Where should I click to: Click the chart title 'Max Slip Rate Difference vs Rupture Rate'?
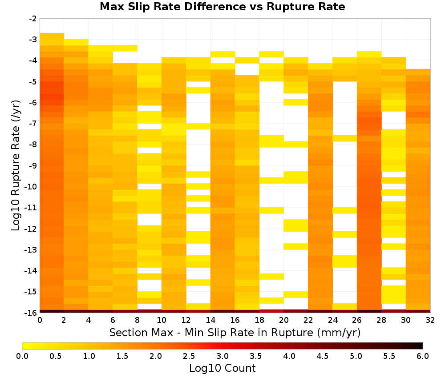point(222,7)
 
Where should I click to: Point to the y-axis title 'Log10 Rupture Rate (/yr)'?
point(16,165)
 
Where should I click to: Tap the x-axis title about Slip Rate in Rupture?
point(235,333)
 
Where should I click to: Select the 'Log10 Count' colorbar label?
point(222,368)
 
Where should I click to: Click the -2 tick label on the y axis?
point(33,19)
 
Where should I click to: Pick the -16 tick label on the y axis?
point(31,313)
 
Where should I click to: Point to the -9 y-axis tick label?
point(33,165)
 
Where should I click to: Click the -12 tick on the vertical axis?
point(31,229)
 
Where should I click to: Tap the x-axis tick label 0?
point(40,320)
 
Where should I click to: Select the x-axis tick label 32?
point(430,320)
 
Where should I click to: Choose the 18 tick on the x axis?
point(259,320)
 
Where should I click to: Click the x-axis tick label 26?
point(357,320)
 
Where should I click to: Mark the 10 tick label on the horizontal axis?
point(162,320)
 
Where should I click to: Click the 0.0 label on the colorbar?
point(22,356)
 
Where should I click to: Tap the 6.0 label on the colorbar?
point(423,356)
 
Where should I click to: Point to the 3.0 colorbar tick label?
point(222,356)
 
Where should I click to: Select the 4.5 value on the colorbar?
point(323,356)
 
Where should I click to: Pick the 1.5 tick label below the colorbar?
point(122,356)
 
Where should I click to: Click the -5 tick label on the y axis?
point(33,82)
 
